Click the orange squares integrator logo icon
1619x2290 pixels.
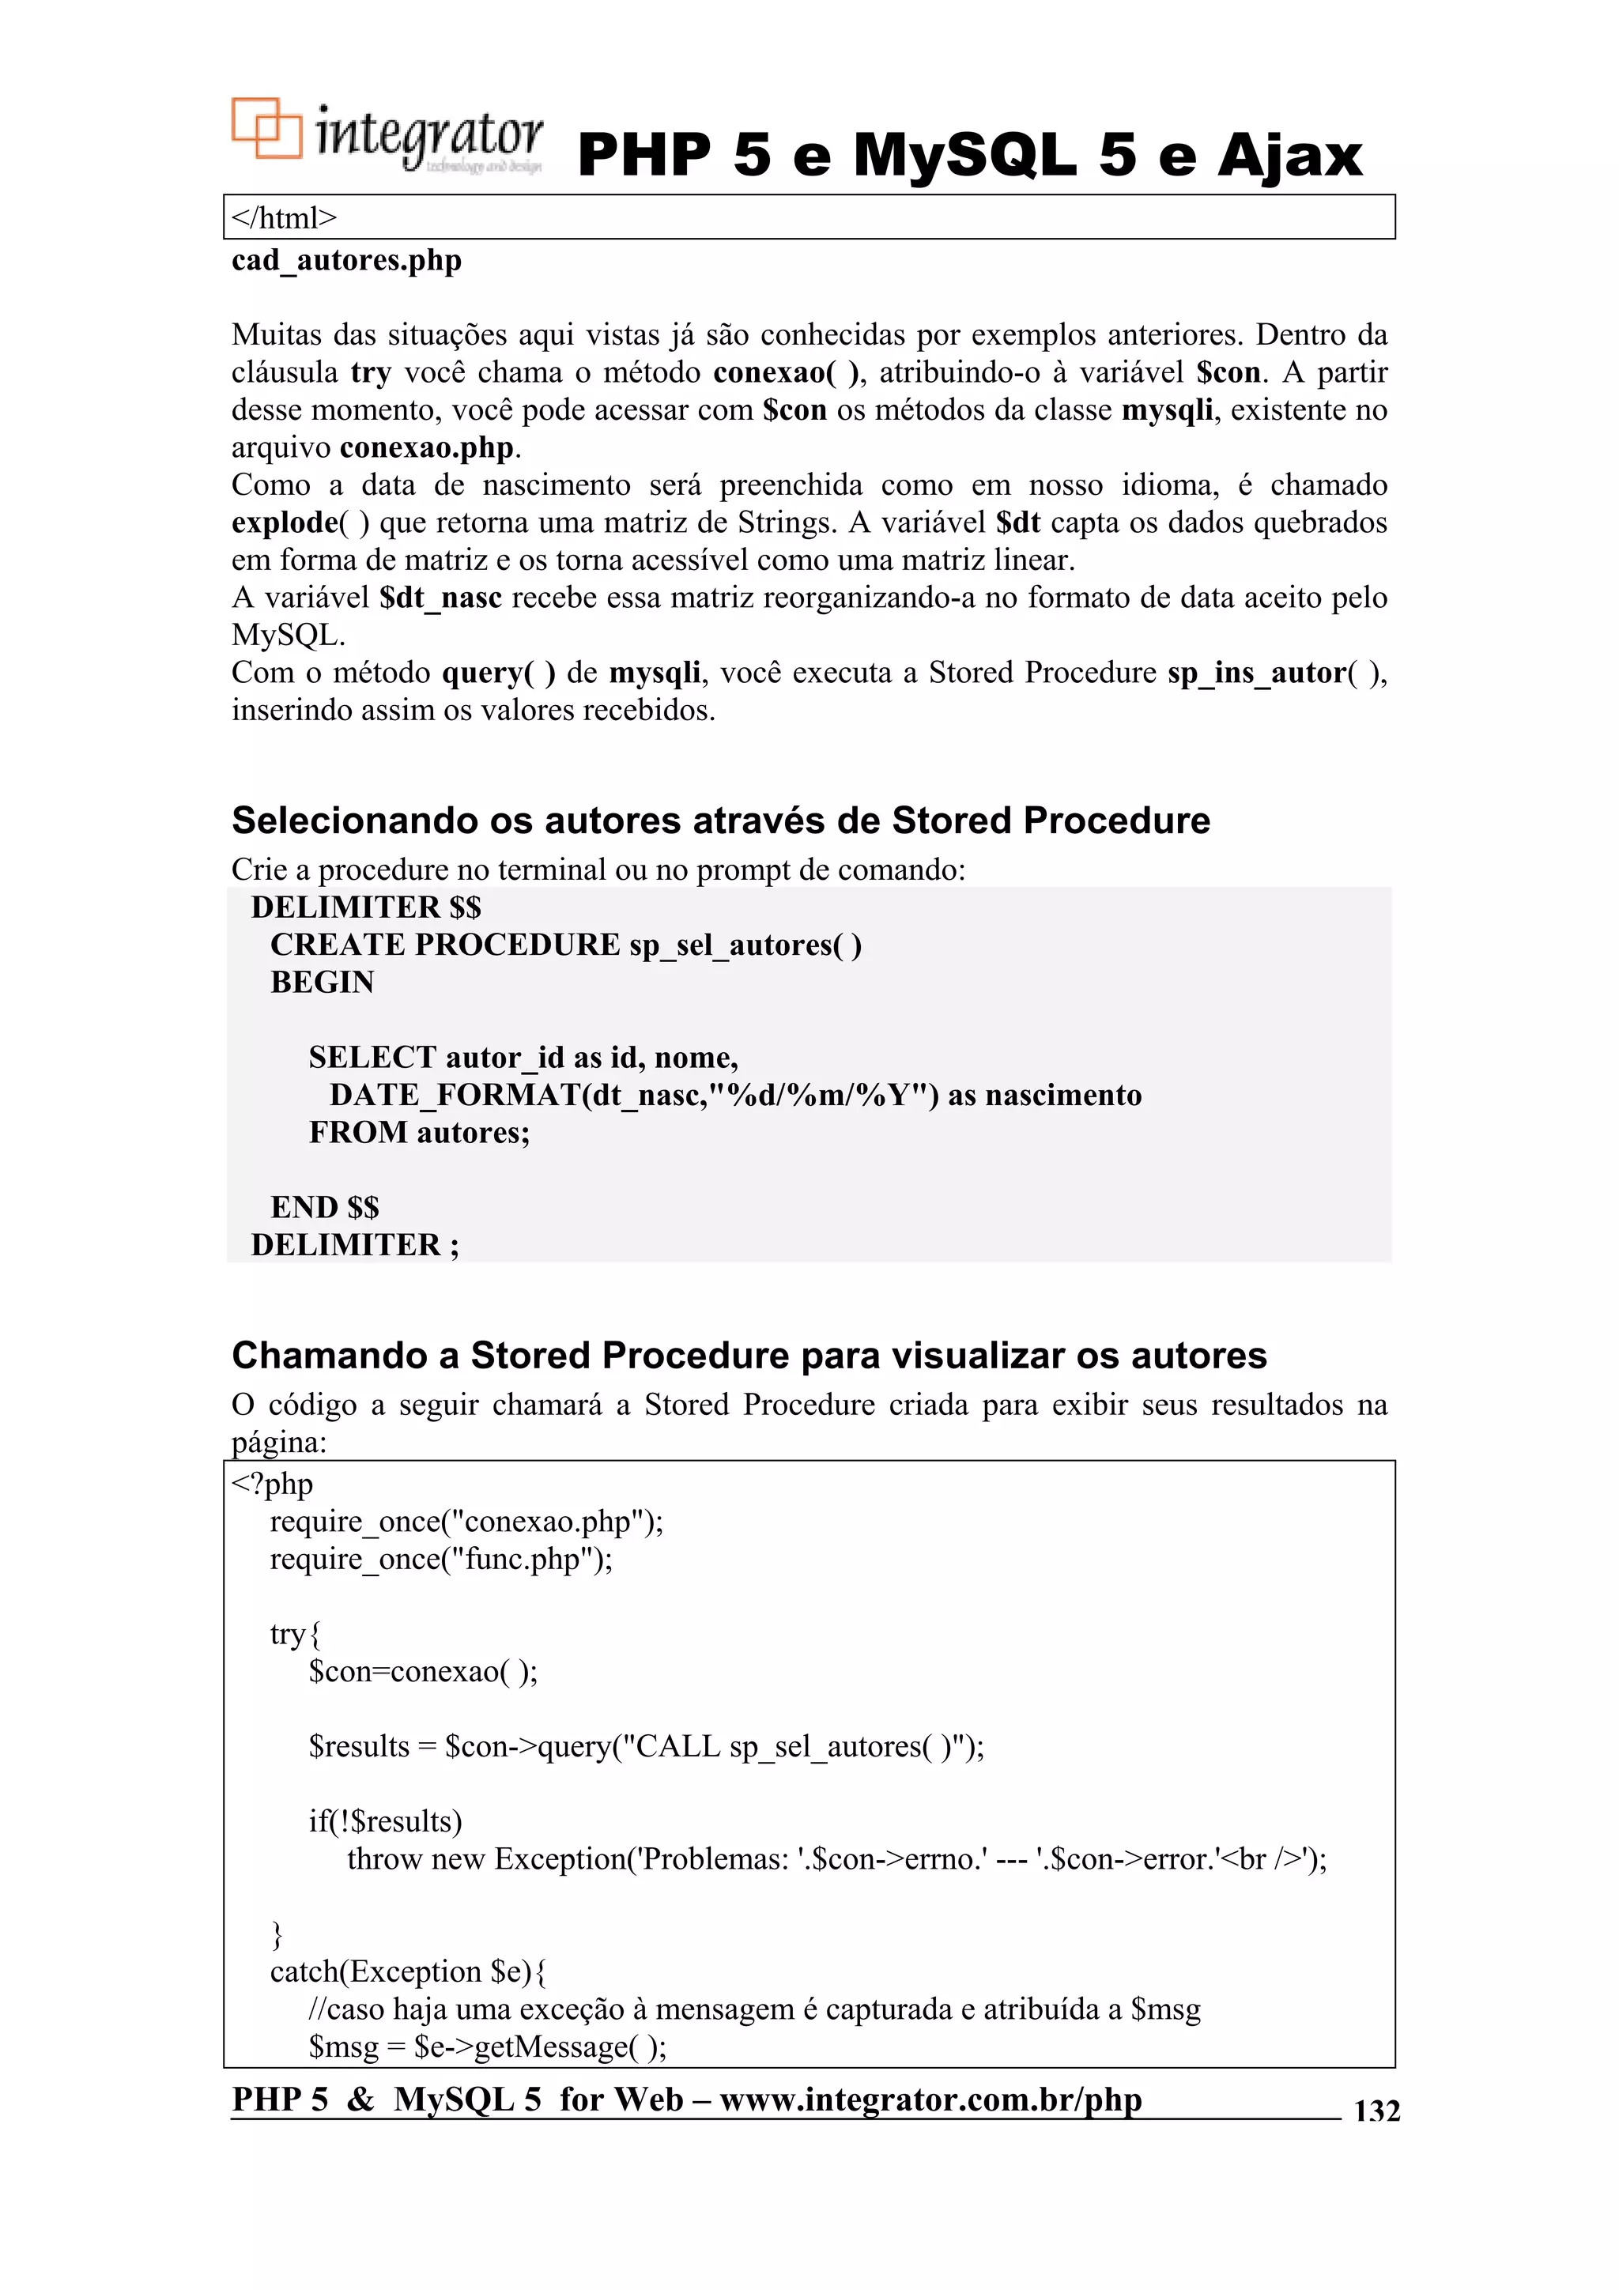[266, 129]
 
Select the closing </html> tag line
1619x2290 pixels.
[285, 217]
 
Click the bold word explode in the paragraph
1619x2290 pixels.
[285, 523]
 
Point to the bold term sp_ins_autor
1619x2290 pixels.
[1256, 673]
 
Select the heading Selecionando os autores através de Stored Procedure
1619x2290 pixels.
[720, 820]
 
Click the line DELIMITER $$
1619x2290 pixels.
[365, 907]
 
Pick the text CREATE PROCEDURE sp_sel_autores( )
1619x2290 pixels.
[565, 945]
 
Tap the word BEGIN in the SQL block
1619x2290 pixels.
[323, 983]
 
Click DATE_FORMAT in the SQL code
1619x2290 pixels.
[454, 1095]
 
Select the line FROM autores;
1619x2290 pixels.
[419, 1133]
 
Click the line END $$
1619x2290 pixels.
[324, 1208]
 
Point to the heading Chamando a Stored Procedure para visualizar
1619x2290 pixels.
[748, 1356]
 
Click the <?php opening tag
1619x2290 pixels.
[272, 1484]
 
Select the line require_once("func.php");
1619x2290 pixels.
[441, 1559]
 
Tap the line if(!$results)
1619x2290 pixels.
[385, 1821]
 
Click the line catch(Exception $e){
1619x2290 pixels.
[408, 1971]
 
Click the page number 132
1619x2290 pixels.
[1376, 2111]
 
